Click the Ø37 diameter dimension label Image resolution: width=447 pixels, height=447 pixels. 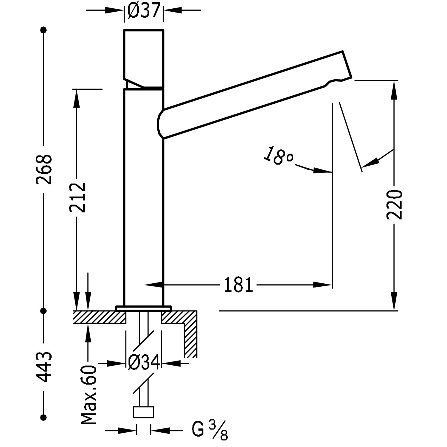pos(144,10)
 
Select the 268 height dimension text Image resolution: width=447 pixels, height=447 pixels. pos(44,169)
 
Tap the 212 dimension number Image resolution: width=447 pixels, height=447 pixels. pos(77,197)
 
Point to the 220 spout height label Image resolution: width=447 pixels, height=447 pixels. pos(394,204)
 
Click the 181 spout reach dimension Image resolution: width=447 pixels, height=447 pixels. pos(238,285)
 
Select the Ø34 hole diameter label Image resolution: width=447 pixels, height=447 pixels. pos(144,363)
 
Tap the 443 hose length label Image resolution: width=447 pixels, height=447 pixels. pos(44,367)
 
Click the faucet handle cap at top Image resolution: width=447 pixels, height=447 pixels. pos(144,54)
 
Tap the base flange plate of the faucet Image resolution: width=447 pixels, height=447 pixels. pos(144,308)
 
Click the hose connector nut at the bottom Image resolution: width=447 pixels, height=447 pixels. pos(143,412)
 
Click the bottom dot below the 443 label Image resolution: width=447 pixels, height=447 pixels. pos(44,416)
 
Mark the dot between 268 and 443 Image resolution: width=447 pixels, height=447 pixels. pos(44,311)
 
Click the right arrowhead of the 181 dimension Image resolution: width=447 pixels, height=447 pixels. pos(323,285)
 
